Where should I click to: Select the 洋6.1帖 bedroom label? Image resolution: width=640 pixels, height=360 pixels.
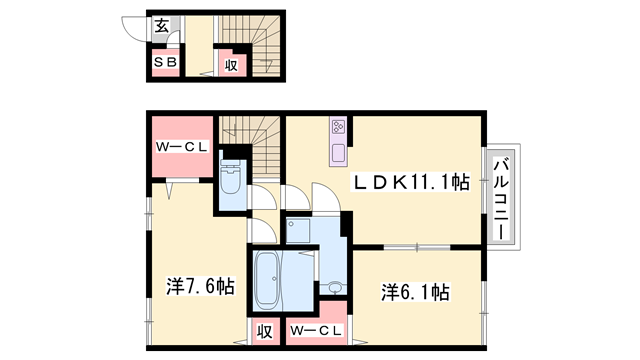pyautogui.click(x=414, y=293)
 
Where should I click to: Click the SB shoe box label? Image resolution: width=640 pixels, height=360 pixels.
pyautogui.click(x=165, y=62)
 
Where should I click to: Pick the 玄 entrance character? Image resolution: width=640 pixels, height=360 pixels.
pyautogui.click(x=161, y=26)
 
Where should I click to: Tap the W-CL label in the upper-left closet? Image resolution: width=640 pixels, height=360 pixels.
pyautogui.click(x=180, y=146)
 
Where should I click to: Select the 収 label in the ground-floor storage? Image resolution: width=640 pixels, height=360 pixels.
pyautogui.click(x=230, y=64)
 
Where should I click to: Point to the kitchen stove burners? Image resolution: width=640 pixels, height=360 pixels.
pyautogui.click(x=338, y=128)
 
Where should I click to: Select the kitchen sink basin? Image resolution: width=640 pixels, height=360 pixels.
pyautogui.click(x=338, y=154)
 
